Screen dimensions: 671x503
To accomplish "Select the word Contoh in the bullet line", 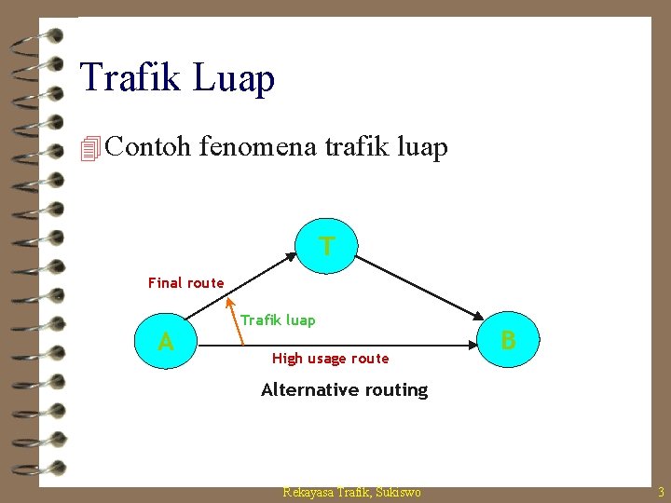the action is click(x=148, y=146).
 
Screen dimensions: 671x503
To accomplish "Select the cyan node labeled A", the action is click(x=166, y=343).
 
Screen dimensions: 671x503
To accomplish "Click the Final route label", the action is click(x=186, y=282).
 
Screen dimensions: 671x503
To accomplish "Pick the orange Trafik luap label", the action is click(x=278, y=320).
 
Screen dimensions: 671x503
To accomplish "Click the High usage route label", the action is click(x=330, y=359).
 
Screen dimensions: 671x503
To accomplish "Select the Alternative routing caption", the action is click(x=344, y=390).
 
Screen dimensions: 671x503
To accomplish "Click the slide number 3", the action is click(x=661, y=492).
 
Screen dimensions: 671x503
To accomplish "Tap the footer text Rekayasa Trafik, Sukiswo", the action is click(x=351, y=492).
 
